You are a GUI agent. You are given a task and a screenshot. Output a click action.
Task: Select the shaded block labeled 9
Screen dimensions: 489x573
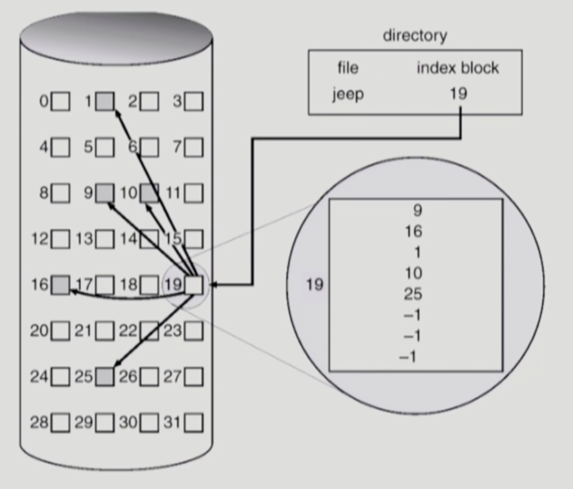105,193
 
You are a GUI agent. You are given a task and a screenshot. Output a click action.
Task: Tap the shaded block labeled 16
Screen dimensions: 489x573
60,285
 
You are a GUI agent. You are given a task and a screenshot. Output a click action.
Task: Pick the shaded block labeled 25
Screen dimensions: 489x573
105,377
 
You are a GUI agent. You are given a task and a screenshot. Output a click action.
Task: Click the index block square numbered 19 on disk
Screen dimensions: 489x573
194,285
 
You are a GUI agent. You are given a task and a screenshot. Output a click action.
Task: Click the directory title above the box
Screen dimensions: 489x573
415,36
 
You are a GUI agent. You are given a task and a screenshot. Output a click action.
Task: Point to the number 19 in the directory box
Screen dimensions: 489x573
459,93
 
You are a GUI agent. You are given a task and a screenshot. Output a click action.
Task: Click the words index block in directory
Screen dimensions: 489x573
458,68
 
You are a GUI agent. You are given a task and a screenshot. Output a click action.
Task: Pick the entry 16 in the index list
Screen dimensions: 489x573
413,231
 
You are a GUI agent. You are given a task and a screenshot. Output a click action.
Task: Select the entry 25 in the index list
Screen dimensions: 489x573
413,294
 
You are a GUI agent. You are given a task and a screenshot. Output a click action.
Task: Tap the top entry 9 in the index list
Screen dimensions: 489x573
417,210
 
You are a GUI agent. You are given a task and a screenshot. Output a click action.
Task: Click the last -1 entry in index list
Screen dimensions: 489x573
409,357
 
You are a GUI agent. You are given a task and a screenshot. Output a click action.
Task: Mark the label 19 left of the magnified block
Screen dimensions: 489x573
315,285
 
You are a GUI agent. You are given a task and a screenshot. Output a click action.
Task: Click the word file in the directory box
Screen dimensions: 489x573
348,68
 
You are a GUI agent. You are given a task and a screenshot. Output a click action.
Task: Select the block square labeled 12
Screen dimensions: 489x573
61,239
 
